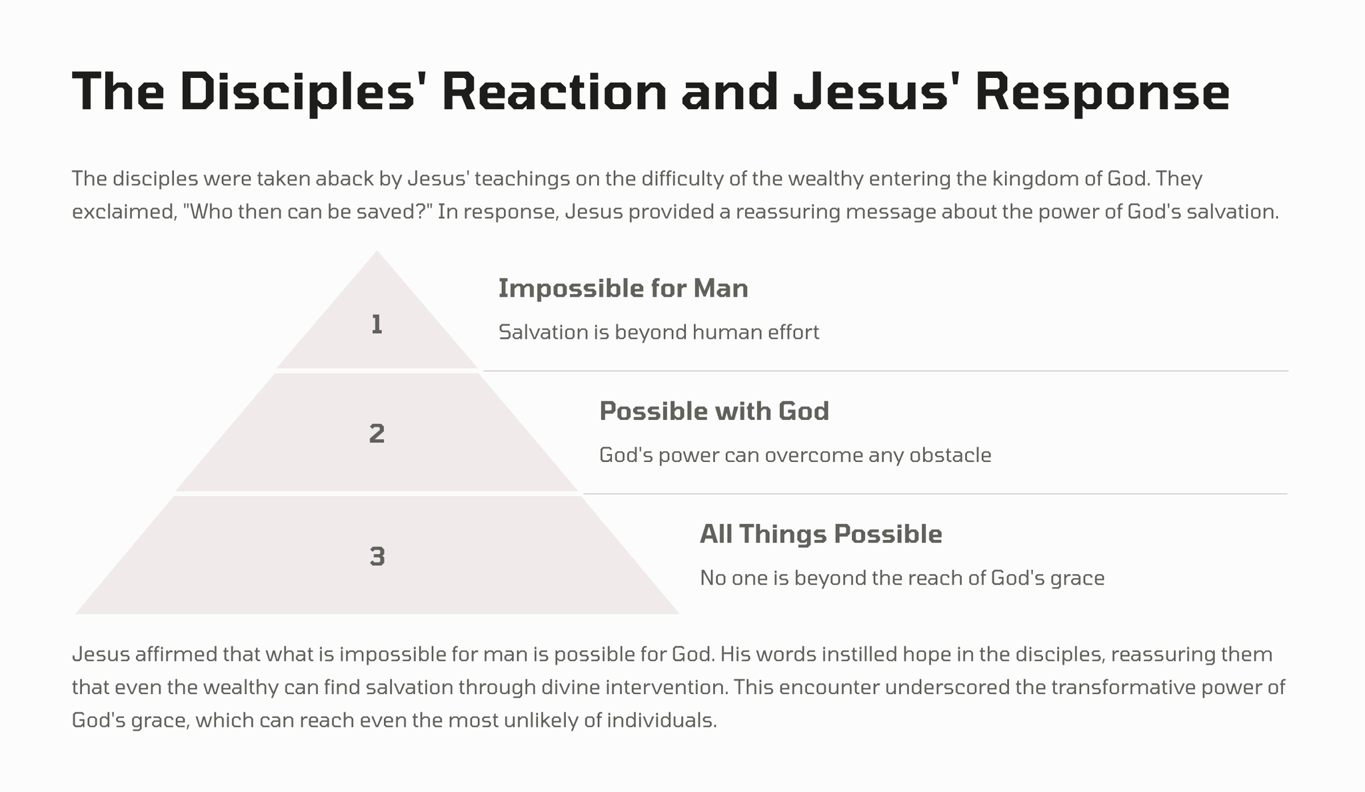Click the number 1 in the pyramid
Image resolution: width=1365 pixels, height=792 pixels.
(377, 325)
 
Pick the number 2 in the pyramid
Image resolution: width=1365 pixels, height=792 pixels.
(377, 434)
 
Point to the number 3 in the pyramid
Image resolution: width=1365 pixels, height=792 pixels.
(377, 557)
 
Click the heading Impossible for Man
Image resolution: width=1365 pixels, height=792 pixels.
(623, 288)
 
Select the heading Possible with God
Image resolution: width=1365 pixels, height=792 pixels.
(714, 411)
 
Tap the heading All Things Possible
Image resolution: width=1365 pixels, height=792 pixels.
(821, 534)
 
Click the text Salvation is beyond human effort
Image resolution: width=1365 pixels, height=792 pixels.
(659, 332)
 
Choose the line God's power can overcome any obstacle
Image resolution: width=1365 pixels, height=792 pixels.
(795, 455)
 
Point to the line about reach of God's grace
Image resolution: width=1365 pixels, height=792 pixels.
(902, 578)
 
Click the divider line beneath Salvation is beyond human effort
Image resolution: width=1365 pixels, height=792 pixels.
(886, 371)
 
